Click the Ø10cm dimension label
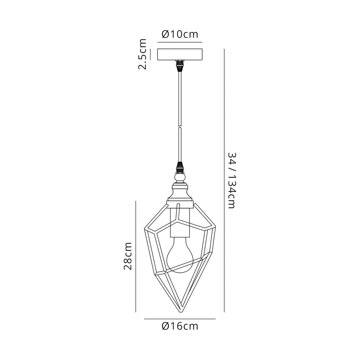180,34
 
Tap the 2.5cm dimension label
142,54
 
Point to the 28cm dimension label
128,256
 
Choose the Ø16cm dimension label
180,326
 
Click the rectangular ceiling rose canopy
180,54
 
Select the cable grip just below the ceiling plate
180,66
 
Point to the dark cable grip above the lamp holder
180,168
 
